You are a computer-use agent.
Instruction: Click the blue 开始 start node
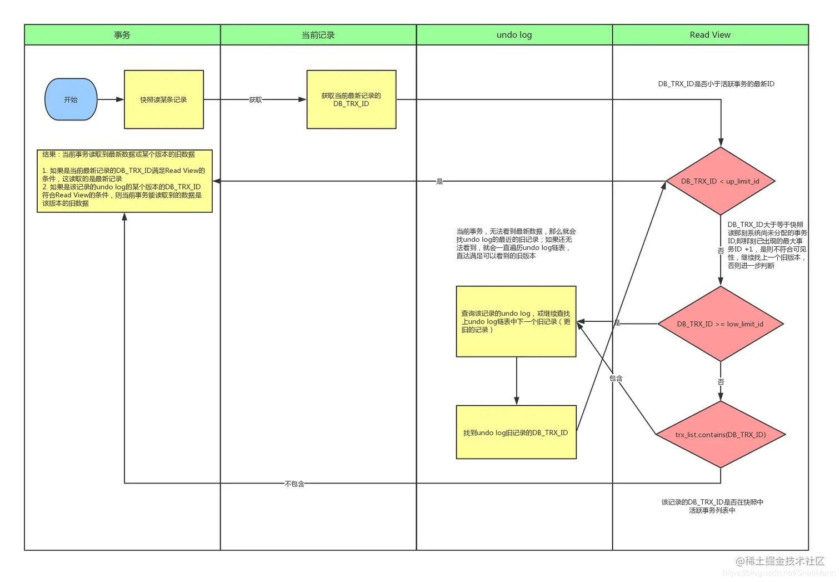click(x=71, y=100)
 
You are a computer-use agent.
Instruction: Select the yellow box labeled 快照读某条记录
click(x=163, y=100)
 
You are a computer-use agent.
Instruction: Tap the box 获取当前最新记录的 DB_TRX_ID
click(x=351, y=100)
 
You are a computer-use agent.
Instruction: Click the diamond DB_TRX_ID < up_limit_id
click(x=720, y=181)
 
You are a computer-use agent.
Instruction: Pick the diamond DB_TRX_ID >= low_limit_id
click(x=720, y=324)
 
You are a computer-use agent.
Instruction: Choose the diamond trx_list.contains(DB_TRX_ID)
click(x=721, y=435)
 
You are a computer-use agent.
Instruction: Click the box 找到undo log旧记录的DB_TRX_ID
click(x=516, y=432)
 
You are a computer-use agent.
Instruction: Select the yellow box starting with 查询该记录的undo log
click(x=516, y=321)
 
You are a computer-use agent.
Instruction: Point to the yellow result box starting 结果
click(x=124, y=181)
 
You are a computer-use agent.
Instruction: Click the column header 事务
click(x=122, y=35)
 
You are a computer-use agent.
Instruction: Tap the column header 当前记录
click(x=318, y=35)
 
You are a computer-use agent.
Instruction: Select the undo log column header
click(x=514, y=35)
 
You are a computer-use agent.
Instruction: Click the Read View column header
click(x=710, y=35)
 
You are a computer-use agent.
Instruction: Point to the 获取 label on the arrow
click(x=256, y=100)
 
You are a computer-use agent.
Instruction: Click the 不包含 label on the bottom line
click(x=294, y=484)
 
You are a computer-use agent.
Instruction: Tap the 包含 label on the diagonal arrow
click(x=616, y=379)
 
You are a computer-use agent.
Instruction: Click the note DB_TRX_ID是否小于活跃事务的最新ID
click(x=716, y=84)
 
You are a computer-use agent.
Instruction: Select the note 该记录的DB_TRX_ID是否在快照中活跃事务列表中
click(x=712, y=506)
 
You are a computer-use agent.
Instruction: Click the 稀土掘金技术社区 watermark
click(x=780, y=561)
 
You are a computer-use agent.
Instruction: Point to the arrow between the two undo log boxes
click(x=517, y=381)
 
